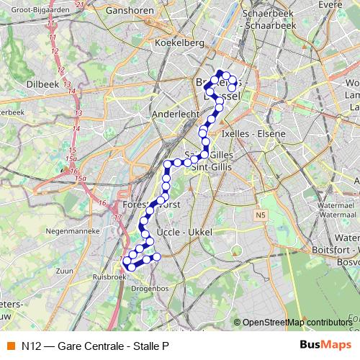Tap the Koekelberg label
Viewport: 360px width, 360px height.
pos(179,43)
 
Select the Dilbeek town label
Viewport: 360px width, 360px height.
pos(42,84)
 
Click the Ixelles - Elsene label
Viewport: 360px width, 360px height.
pos(254,133)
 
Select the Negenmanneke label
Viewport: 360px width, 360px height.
pos(70,231)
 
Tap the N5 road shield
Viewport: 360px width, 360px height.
pos(260,215)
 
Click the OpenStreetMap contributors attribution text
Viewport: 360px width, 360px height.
pos(298,323)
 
